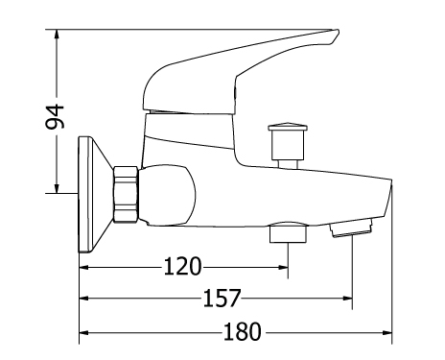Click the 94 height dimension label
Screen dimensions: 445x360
point(55,116)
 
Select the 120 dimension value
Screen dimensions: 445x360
point(182,267)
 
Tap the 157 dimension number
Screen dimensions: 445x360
point(222,299)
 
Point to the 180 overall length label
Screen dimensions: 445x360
point(242,331)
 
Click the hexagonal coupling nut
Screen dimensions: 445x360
point(126,194)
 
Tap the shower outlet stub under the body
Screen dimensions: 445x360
point(288,232)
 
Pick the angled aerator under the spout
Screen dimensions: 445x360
point(351,228)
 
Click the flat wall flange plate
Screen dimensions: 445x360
point(84,195)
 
